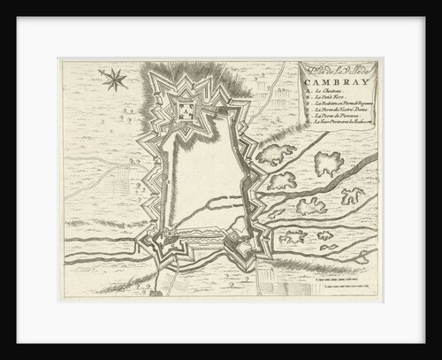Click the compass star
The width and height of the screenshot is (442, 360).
114,80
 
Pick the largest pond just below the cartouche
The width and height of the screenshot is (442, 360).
328,162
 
